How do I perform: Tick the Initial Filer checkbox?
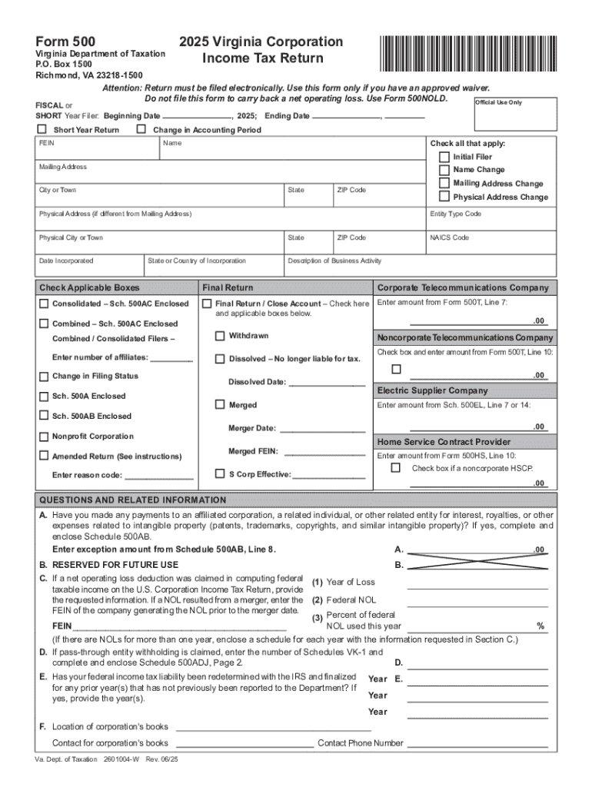[444, 157]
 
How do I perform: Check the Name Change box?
[444, 170]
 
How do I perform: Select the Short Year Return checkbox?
[42, 130]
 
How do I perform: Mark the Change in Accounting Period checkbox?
[141, 130]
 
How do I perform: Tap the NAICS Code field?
[490, 243]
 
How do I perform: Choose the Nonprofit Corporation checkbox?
[44, 437]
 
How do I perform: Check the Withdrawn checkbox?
[220, 336]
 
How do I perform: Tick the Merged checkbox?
[220, 404]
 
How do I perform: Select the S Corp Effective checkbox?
[220, 473]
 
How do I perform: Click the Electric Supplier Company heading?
[432, 390]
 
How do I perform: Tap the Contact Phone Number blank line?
[477, 742]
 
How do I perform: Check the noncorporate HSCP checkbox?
[396, 468]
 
